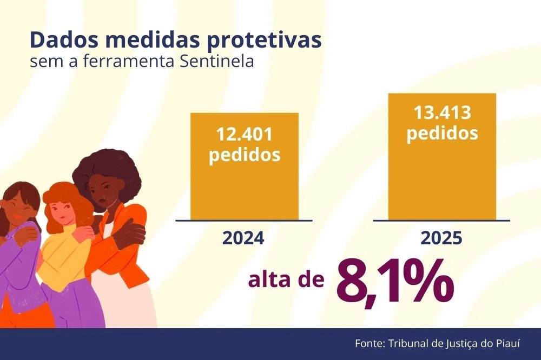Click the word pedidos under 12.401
coord(244,155)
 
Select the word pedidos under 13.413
coord(442,133)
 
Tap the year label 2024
coord(243,238)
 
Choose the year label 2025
coord(442,238)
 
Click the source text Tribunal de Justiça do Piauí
coord(452,344)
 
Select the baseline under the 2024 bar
coord(244,221)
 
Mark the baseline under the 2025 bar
coord(441,221)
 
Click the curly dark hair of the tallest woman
coord(108,168)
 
